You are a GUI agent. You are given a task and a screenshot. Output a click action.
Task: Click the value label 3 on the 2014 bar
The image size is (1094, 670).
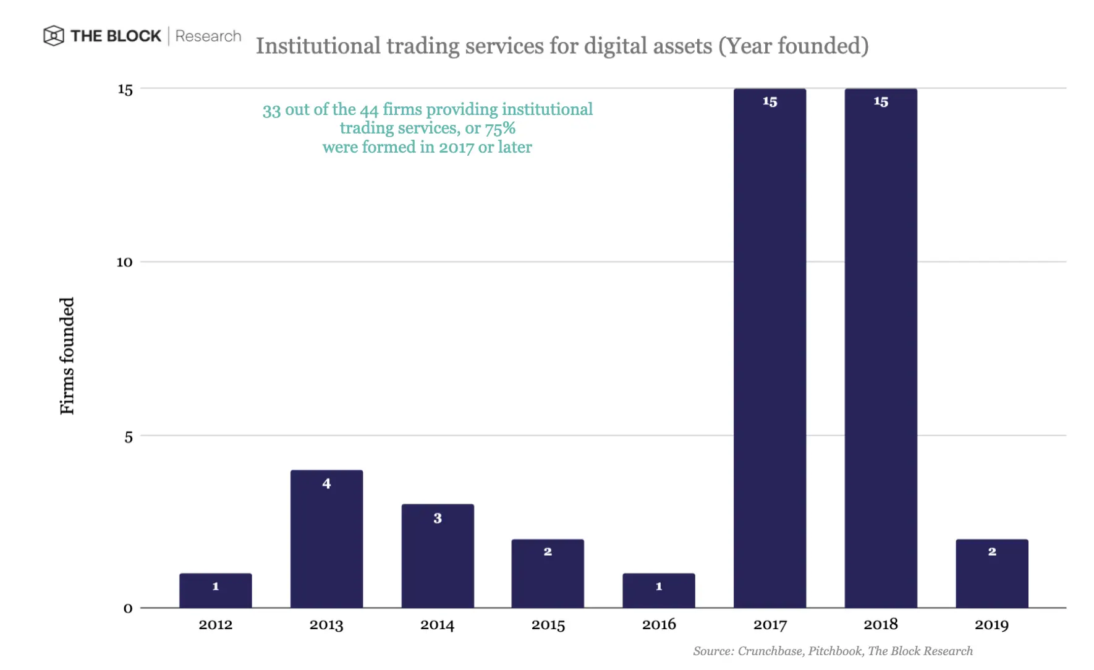[438, 518]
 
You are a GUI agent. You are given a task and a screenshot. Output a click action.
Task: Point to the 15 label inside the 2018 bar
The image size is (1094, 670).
[881, 101]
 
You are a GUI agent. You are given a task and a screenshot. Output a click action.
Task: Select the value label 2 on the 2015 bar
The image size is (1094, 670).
[548, 551]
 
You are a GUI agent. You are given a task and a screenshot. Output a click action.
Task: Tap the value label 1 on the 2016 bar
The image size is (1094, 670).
[659, 586]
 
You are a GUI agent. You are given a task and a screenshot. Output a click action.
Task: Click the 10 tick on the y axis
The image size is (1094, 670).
[124, 262]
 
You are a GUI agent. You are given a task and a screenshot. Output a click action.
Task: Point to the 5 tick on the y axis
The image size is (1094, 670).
[128, 437]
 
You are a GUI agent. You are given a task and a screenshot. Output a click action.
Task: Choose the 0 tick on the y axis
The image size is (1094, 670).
[128, 608]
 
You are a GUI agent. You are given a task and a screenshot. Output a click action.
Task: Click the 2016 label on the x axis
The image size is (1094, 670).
[659, 624]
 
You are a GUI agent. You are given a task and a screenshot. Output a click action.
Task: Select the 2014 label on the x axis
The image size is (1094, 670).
[438, 625]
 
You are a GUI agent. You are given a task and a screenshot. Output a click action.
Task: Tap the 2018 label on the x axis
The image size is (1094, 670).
[881, 624]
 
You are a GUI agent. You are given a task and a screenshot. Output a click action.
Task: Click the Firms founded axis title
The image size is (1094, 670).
[67, 356]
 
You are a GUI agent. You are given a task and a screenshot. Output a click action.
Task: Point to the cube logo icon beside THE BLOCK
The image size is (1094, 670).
[54, 36]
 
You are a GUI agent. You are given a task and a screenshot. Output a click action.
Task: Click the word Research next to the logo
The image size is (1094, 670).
[208, 36]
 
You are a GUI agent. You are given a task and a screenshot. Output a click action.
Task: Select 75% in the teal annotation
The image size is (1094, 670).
[500, 128]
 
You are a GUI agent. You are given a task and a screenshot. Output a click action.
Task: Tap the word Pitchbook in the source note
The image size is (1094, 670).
[835, 651]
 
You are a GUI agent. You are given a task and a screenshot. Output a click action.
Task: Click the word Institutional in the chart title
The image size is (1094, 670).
[318, 46]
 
